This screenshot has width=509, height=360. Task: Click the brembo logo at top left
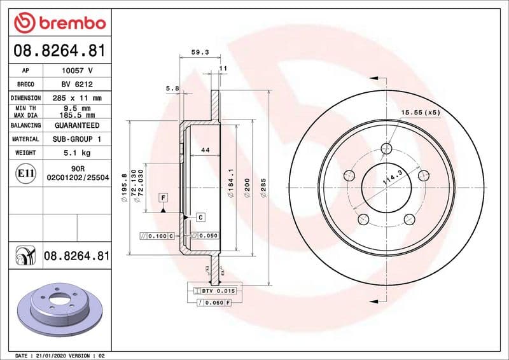[59, 23]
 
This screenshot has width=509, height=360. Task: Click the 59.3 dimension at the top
[200, 53]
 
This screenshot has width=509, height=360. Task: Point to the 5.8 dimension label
[172, 88]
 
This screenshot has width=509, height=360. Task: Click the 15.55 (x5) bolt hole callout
[420, 113]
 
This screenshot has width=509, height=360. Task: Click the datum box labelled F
[164, 198]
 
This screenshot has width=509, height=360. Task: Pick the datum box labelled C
[200, 217]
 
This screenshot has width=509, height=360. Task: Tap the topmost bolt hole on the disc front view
[386, 149]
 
